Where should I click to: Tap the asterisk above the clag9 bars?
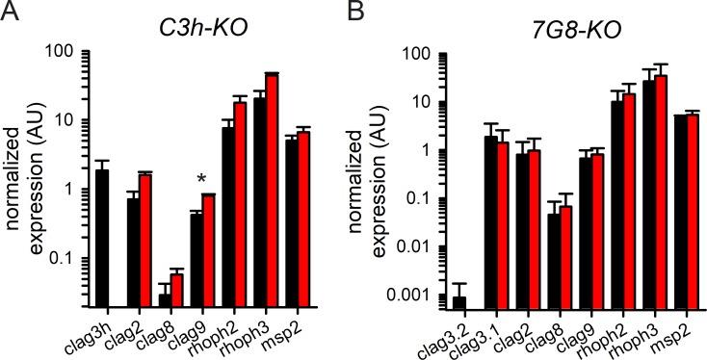(x=201, y=179)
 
